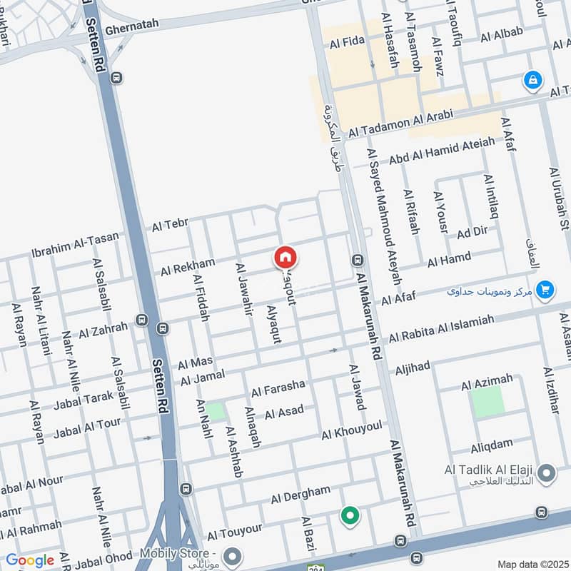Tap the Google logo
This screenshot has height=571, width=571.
[30, 560]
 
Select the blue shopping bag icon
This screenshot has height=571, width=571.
[532, 80]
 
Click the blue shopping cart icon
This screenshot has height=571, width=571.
[545, 289]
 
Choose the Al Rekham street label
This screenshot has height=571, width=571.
[187, 267]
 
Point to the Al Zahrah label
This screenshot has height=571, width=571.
[103, 330]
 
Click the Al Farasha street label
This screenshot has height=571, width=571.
[278, 388]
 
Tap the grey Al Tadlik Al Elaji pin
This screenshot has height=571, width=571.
[547, 473]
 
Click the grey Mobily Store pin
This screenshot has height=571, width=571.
[231, 555]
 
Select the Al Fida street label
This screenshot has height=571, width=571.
[347, 44]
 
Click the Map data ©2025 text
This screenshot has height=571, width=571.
[533, 564]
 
